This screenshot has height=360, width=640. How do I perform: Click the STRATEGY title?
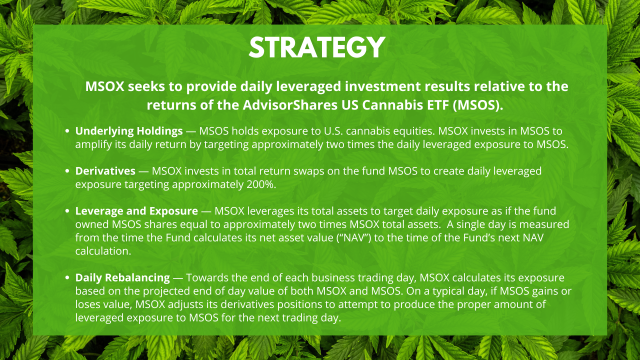click(x=317, y=47)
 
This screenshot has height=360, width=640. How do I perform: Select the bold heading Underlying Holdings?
click(x=129, y=131)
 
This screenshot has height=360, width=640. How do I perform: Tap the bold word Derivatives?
click(x=105, y=171)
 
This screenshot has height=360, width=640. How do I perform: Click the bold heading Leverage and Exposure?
click(x=136, y=211)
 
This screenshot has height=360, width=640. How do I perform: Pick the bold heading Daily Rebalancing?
click(x=122, y=277)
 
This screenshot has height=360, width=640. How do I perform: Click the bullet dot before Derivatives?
click(x=67, y=171)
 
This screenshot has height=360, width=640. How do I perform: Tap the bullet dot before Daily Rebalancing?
click(x=67, y=278)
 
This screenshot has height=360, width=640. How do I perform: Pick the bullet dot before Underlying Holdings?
click(x=67, y=131)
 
